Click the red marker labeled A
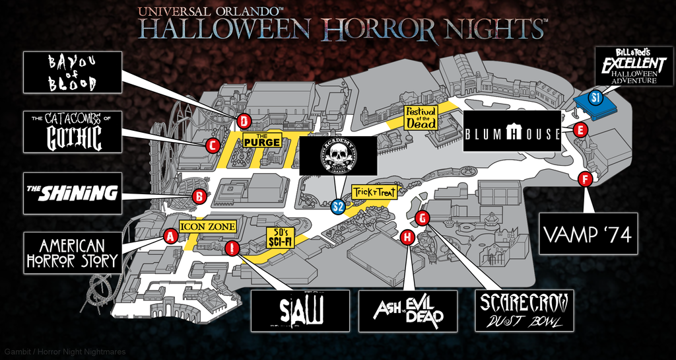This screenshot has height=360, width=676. click(x=170, y=236)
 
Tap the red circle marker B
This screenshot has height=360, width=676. click(x=199, y=196)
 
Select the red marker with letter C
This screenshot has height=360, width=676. click(x=213, y=146)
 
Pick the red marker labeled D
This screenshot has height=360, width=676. click(x=244, y=121)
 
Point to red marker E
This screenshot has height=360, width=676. click(x=580, y=130)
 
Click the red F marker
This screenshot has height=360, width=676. click(x=584, y=179)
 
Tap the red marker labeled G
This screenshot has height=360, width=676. click(x=423, y=217)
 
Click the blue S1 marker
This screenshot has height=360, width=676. click(x=595, y=98)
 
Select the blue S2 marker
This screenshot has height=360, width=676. click(x=338, y=207)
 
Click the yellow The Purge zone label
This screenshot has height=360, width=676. click(x=262, y=139)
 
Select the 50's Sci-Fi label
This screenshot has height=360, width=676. click(x=279, y=236)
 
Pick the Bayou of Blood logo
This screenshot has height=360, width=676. click(x=73, y=73)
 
